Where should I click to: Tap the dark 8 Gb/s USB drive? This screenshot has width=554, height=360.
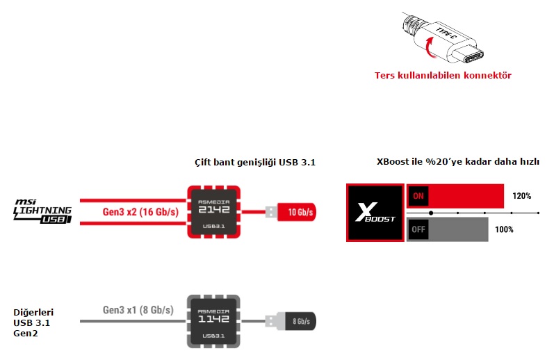(x=295, y=320)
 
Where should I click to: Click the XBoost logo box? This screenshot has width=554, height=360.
(x=375, y=213)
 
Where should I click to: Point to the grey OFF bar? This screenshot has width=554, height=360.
(x=448, y=229)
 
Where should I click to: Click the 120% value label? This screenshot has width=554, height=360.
(x=522, y=196)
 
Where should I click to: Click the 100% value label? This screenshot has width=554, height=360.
(x=504, y=229)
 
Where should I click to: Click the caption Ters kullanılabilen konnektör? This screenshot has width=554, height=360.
(x=443, y=75)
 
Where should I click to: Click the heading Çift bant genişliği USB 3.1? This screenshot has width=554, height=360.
(x=255, y=163)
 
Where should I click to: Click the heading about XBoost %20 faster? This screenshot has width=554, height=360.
(x=458, y=162)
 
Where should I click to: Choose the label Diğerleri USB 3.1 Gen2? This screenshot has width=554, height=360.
(x=33, y=324)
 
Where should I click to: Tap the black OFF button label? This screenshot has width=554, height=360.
(x=418, y=229)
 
